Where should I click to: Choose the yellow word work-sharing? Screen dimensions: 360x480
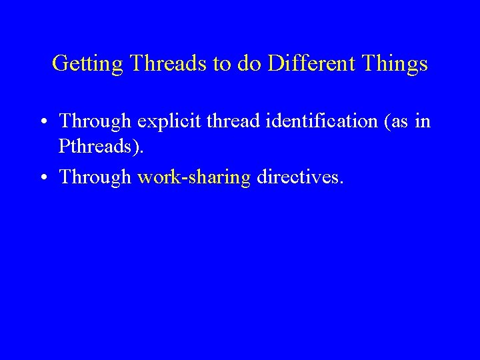point(193,178)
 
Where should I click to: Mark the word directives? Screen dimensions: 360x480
point(298,177)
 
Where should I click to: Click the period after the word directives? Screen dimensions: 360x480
point(343,183)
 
